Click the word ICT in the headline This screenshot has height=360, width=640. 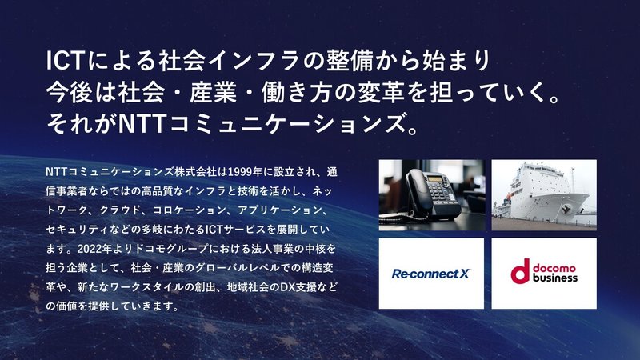(x=65, y=62)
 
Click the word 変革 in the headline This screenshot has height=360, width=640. (x=381, y=92)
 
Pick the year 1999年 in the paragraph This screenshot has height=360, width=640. (x=245, y=172)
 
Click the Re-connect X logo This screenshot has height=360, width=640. (x=430, y=274)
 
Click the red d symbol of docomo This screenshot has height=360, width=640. (x=520, y=271)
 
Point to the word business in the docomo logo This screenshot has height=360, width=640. (x=555, y=278)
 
